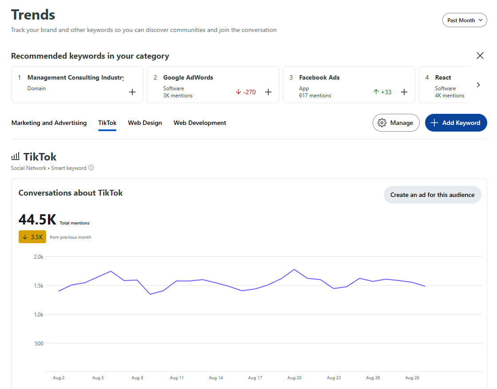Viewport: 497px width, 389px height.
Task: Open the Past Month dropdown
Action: (465, 20)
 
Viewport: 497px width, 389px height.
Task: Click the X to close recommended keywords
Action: (480, 56)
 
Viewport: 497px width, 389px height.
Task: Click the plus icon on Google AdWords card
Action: (268, 92)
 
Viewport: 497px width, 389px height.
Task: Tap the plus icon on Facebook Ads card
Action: (404, 92)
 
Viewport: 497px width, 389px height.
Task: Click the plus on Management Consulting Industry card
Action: (132, 92)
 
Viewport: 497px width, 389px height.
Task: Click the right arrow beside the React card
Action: (478, 85)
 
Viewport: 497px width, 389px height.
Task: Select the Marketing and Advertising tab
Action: (49, 123)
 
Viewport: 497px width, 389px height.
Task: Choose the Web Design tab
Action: (145, 123)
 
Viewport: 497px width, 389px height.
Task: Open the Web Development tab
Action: (200, 123)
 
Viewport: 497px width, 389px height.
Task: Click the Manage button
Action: (396, 123)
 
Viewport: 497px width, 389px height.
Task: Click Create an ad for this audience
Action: (432, 195)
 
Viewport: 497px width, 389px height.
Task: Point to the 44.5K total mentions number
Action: (37, 220)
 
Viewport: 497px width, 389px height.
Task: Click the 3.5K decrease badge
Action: (32, 237)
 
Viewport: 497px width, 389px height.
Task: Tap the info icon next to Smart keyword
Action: (91, 168)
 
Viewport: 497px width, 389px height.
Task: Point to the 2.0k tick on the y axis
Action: (39, 257)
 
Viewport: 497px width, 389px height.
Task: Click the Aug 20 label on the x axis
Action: (294, 378)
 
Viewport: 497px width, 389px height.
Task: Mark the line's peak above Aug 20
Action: (294, 269)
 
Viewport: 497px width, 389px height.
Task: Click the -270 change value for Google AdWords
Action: (246, 92)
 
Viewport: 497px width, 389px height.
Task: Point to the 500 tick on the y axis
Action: (39, 343)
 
